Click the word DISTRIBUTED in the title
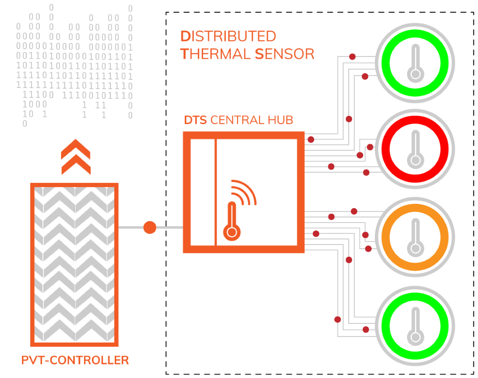click(x=228, y=36)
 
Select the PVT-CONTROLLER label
click(x=75, y=360)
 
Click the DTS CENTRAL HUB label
click(x=239, y=120)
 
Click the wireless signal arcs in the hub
click(x=245, y=191)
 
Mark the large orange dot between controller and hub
click(x=150, y=228)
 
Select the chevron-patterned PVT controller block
click(x=75, y=264)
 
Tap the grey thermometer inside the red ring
click(x=415, y=149)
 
